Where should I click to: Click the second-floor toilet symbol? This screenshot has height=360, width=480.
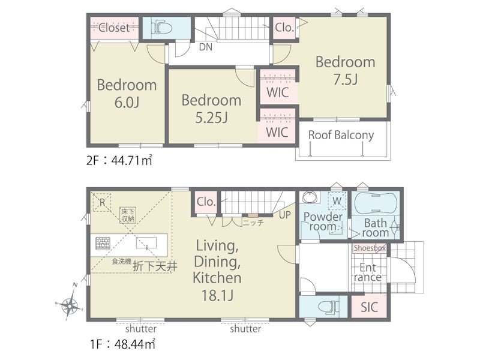click(161, 28)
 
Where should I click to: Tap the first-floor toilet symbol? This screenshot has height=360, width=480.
click(328, 307)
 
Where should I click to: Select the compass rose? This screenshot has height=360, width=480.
click(70, 302)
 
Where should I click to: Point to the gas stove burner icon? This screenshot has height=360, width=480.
click(103, 244)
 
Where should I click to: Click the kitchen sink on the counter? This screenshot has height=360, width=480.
click(146, 243)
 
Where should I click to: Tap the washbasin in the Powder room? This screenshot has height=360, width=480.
click(310, 197)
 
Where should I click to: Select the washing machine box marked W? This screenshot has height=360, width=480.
click(337, 201)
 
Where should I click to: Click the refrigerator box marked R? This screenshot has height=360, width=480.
click(102, 202)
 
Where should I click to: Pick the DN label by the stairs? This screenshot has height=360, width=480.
click(206, 47)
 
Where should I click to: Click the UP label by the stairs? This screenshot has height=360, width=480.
click(284, 215)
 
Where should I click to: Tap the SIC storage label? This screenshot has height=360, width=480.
click(369, 307)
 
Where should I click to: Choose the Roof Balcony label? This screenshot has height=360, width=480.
click(341, 135)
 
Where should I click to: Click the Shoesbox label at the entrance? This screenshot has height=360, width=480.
click(370, 248)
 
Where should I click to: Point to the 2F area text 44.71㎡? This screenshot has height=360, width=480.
click(131, 160)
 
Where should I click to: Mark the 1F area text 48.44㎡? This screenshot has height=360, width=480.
click(134, 344)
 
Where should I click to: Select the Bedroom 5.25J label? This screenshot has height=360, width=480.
click(212, 109)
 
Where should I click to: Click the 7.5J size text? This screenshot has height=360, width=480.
click(346, 79)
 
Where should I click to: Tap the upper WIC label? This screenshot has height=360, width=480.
click(278, 92)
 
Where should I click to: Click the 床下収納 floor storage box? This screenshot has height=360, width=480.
click(128, 215)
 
